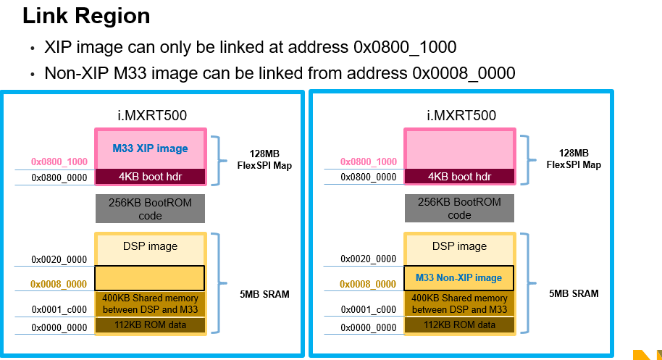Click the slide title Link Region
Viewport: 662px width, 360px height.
87,15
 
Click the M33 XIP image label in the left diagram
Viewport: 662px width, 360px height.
150,148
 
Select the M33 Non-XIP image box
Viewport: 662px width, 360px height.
458,277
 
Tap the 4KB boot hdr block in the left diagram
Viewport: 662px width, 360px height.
150,176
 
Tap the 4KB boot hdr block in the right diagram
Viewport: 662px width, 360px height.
459,176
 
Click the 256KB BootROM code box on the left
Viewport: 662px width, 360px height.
150,209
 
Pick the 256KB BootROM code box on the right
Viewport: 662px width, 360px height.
459,209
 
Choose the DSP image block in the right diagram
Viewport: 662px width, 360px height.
458,246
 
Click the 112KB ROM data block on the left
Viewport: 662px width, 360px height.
150,325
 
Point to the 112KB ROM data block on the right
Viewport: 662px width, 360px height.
459,325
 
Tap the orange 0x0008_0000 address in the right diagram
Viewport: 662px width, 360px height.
368,284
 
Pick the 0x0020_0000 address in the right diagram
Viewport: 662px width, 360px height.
368,259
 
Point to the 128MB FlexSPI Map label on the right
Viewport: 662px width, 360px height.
574,159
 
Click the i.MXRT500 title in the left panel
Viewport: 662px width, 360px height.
151,115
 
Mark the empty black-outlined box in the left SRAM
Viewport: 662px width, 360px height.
150,277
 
